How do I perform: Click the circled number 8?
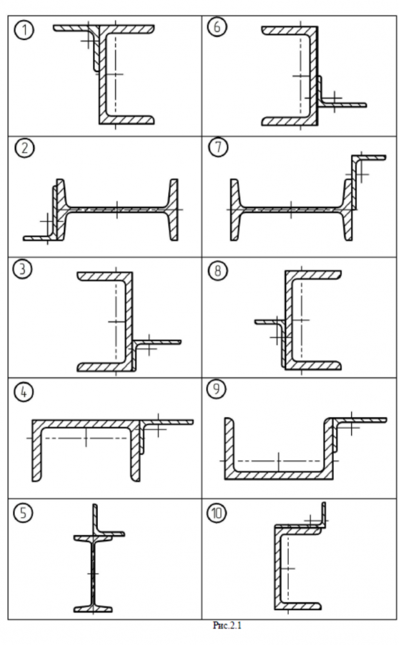[216, 270]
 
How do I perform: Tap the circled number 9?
[216, 392]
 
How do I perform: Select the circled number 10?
[216, 512]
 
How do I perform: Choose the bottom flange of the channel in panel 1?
[129, 120]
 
